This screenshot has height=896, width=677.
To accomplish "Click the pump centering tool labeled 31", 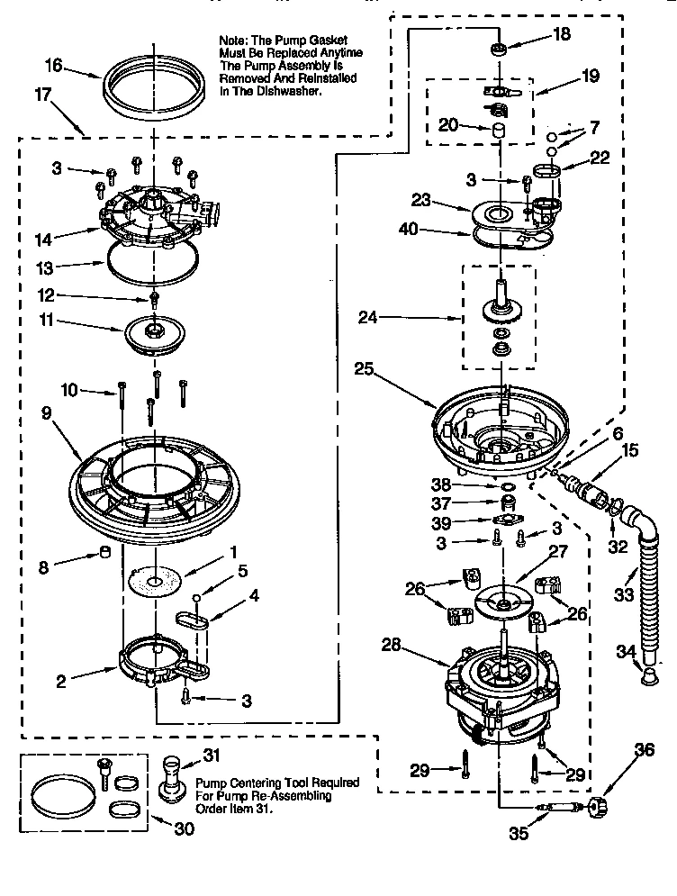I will [x=169, y=778].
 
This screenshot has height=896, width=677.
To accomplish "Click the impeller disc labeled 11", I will [x=157, y=332].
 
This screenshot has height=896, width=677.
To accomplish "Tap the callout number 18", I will [x=561, y=35].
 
